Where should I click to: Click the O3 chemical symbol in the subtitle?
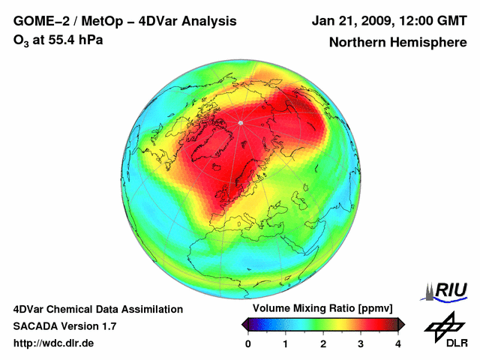21,40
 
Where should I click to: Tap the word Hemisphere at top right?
430,43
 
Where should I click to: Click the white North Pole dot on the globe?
240,122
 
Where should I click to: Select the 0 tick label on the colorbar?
248,344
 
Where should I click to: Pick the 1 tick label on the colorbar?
286,344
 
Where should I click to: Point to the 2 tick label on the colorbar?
323,344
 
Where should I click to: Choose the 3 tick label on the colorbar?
361,344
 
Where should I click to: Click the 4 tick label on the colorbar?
398,344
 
